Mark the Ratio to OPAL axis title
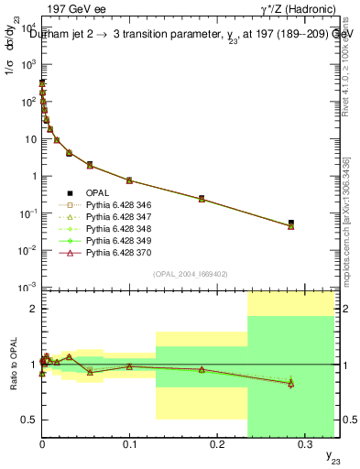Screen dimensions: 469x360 [x=14, y=365]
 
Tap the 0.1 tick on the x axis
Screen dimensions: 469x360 [x=129, y=442]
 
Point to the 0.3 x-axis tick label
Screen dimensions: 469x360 [x=303, y=442]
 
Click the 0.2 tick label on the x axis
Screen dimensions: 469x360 [x=216, y=442]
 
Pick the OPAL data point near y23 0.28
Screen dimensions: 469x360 [x=290, y=223]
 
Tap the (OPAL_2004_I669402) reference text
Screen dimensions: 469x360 [x=190, y=273]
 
